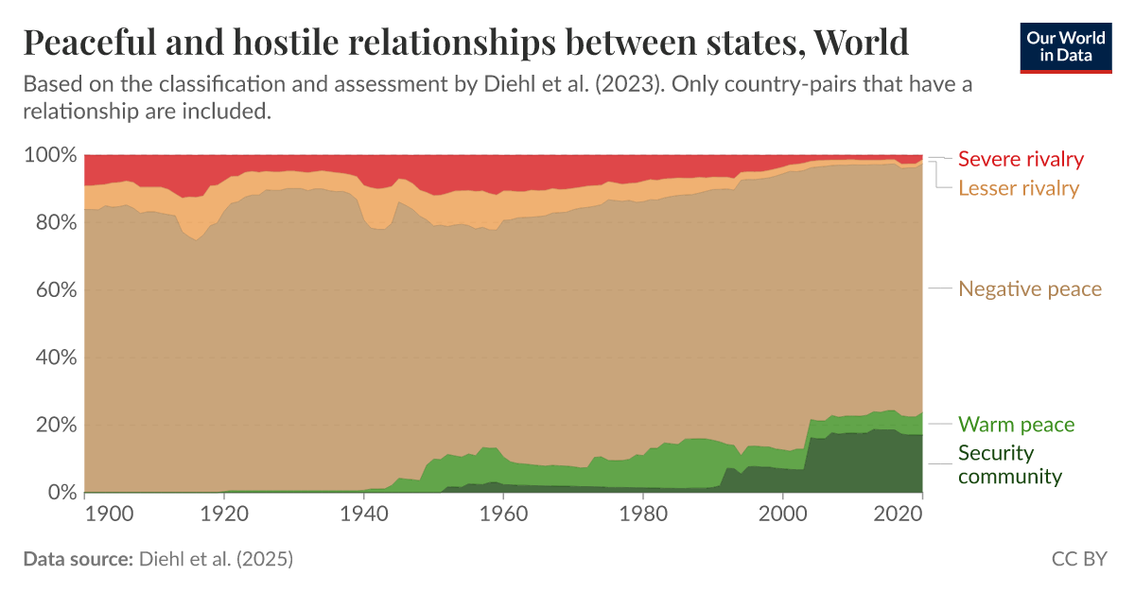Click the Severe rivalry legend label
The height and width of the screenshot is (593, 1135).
[x=1021, y=159]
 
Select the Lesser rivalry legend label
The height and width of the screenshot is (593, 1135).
[x=1018, y=188]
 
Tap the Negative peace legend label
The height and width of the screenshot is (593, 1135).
[x=1030, y=288]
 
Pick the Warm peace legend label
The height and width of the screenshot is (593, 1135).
[x=1016, y=425]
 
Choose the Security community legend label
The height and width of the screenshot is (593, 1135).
[x=1009, y=464]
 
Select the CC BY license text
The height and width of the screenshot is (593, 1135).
[x=1079, y=559]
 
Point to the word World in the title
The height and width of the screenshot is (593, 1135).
[x=860, y=43]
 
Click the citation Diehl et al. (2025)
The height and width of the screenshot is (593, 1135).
[x=216, y=559]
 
